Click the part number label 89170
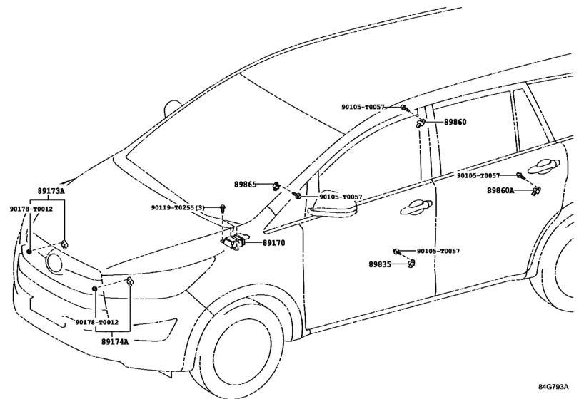tap(273, 243)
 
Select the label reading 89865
tap(245, 184)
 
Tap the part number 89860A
tap(500, 191)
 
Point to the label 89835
tap(380, 264)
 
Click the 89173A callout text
tap(51, 192)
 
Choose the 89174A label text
tap(114, 342)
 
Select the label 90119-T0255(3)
tap(178, 207)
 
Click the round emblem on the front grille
tap(54, 262)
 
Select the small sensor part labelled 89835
tap(411, 265)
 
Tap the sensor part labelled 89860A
tap(537, 190)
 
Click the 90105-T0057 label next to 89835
tap(438, 252)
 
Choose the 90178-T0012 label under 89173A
tap(31, 209)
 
